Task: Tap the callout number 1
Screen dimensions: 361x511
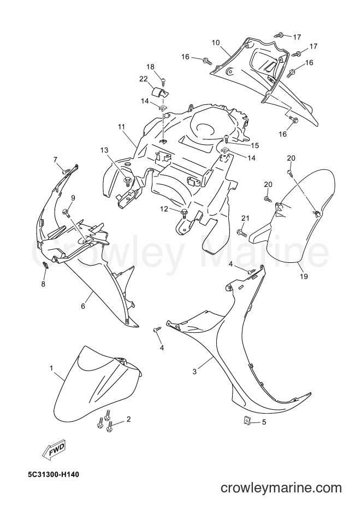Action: coord(51,368)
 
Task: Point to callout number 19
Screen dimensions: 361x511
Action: coord(304,277)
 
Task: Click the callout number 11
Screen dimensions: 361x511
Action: coord(121,126)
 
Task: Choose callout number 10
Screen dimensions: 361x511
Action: coord(216,43)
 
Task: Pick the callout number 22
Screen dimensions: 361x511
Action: coord(144,79)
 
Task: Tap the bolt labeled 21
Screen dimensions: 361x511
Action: coord(241,232)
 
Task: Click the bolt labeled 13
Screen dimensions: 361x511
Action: coord(127,180)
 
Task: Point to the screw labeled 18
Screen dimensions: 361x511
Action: coord(164,79)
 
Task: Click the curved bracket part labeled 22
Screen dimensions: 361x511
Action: coord(160,92)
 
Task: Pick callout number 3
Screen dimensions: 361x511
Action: coord(194,372)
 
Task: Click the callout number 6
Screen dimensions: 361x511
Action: coord(83,307)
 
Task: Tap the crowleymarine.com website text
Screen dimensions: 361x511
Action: coord(281,488)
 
